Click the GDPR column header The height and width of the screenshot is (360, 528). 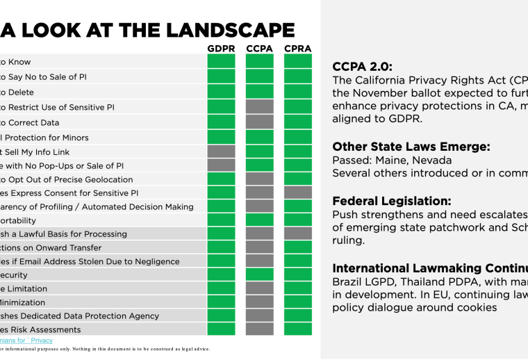pos(221,49)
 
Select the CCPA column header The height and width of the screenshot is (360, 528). pos(259,49)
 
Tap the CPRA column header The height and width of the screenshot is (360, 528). pos(297,49)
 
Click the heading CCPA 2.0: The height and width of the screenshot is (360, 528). pos(362,67)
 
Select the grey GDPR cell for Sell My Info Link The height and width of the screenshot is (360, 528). pos(221,152)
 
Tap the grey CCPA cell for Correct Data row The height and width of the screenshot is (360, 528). pos(259,122)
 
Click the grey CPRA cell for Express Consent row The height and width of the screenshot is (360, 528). pos(297,193)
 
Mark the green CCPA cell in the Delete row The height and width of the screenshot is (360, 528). pos(259,92)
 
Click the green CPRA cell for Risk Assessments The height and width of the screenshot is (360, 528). pos(297,329)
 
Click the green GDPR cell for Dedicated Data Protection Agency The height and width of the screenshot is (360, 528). pos(221,316)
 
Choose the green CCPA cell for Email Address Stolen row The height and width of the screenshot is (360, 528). pos(259,261)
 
